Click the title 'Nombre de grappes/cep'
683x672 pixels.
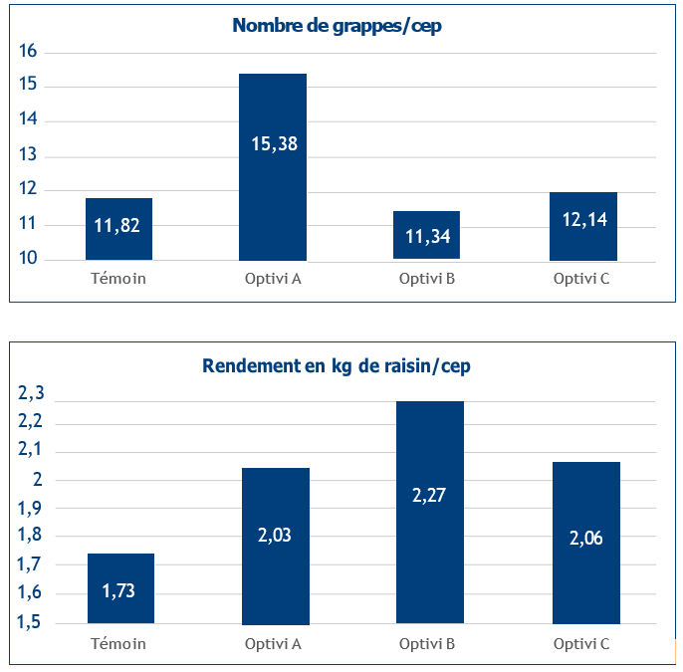pos(337,26)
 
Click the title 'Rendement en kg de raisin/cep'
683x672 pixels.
pos(337,365)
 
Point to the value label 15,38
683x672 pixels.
pos(274,144)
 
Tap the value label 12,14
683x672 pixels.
pos(584,220)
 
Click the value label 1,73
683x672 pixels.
pos(120,590)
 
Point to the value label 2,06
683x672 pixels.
pos(586,538)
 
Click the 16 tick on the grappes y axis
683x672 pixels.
pos(29,52)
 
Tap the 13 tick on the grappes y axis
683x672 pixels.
pos(29,155)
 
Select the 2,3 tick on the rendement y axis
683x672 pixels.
pos(32,393)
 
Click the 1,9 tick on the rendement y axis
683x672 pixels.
pos(32,508)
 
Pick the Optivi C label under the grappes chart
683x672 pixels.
pos(581,278)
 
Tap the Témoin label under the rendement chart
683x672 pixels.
pos(118,643)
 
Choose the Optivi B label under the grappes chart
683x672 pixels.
pos(427,278)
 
